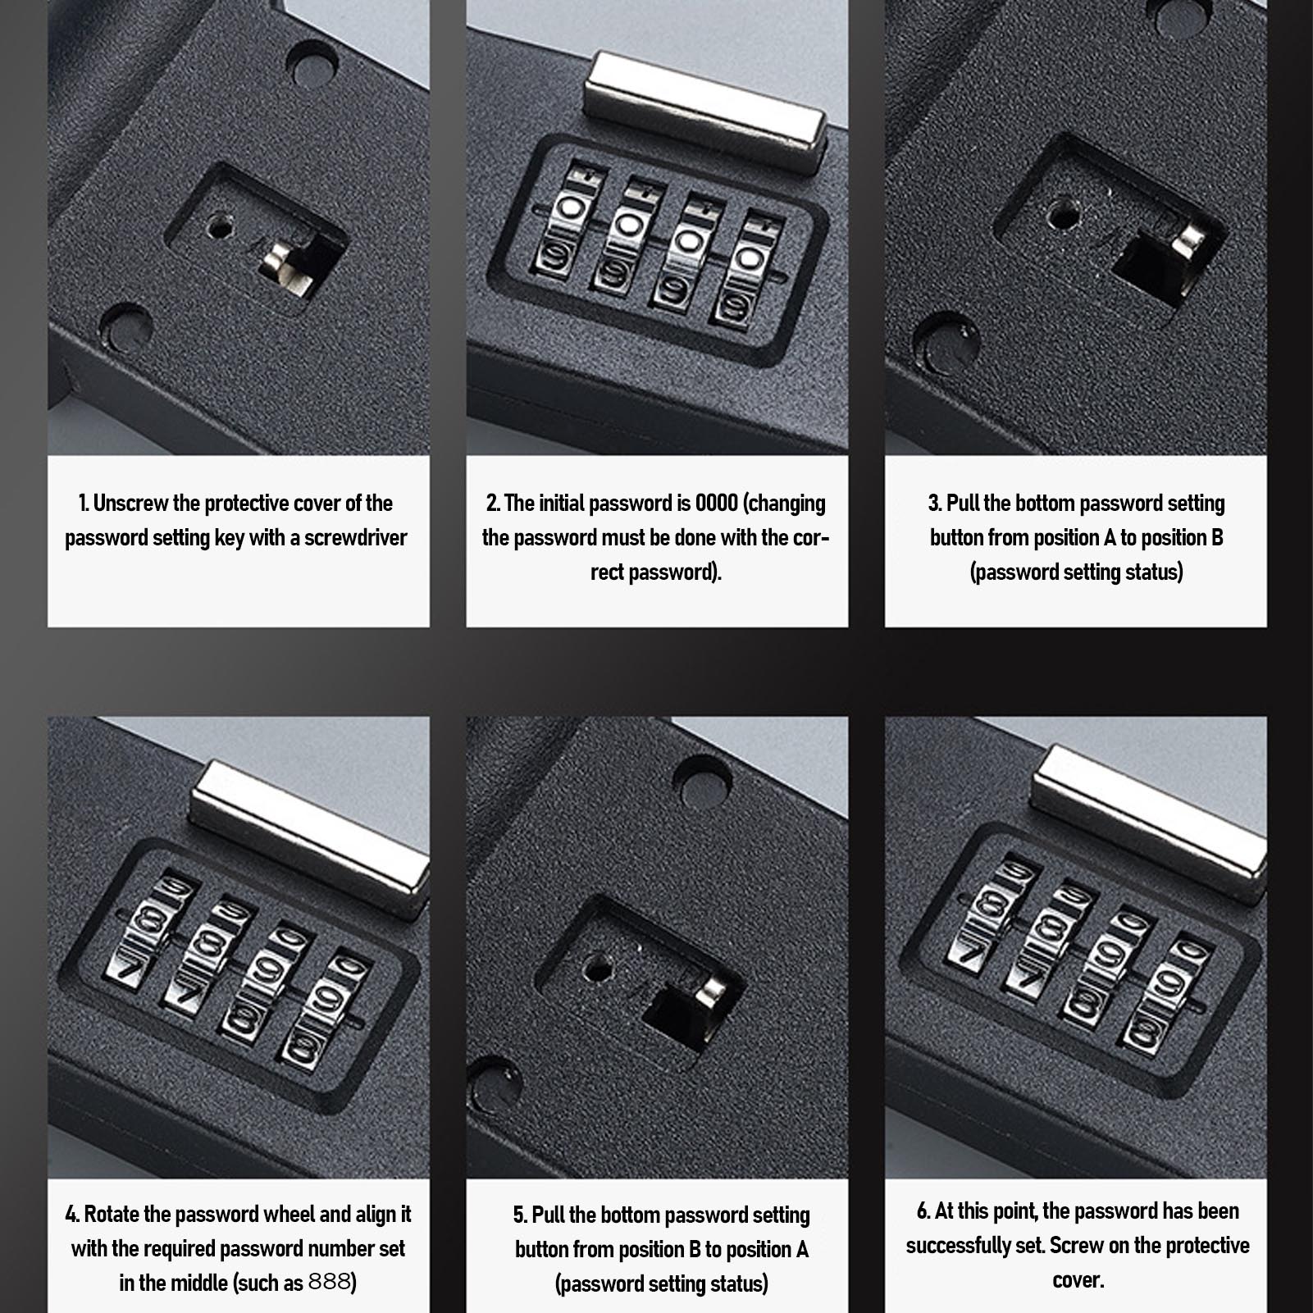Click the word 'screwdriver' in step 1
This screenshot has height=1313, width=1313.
tap(356, 538)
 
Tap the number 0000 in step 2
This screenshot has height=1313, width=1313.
tap(717, 503)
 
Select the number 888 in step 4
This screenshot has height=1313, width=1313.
tap(329, 1281)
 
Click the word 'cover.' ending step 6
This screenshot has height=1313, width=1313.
tap(1077, 1280)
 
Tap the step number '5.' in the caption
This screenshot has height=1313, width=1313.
tap(520, 1214)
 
